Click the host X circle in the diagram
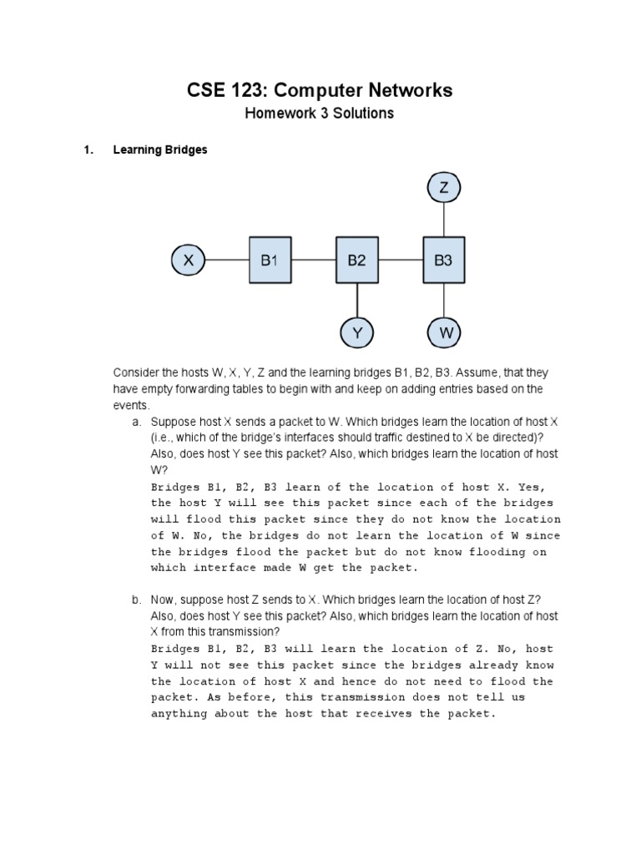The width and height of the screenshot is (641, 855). [x=189, y=261]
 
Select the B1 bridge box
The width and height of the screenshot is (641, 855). [x=269, y=261]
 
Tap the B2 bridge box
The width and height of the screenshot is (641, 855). [x=356, y=261]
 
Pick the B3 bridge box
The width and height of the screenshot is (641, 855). [x=443, y=261]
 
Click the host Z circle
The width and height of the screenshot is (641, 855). [x=444, y=189]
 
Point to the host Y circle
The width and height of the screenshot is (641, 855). [x=357, y=333]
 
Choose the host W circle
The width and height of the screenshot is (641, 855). [x=444, y=333]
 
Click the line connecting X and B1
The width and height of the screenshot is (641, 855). [x=226, y=261]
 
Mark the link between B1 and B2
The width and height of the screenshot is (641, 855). [x=312, y=261]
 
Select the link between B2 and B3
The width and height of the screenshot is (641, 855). [x=400, y=261]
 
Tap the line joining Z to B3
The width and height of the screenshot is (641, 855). [x=444, y=221]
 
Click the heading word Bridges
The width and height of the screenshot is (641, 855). [x=184, y=150]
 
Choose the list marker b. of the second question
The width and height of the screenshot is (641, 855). [x=136, y=600]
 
